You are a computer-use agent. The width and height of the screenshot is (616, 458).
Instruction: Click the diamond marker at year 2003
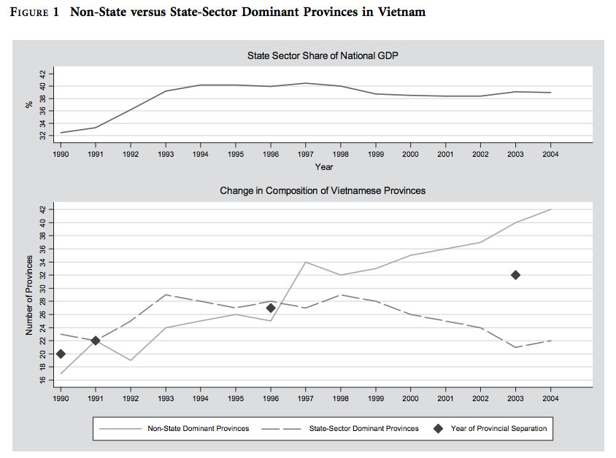[x=515, y=275]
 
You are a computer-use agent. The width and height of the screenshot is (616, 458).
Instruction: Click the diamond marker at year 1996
[x=271, y=308]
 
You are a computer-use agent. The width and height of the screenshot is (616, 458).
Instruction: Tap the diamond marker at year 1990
[x=61, y=354]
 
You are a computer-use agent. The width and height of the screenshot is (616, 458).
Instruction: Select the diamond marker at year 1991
[x=96, y=341]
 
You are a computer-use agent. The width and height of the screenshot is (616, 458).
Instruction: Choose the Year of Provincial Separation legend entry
[x=498, y=428]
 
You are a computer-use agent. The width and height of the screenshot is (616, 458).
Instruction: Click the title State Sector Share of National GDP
[x=323, y=55]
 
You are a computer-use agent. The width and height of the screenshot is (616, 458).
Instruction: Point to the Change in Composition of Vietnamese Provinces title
[x=323, y=190]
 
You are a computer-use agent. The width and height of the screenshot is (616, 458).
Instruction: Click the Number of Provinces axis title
[x=30, y=295]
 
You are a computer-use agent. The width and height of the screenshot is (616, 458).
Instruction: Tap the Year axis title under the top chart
[x=323, y=167]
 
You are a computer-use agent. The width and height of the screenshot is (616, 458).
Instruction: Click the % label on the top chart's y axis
[x=30, y=104]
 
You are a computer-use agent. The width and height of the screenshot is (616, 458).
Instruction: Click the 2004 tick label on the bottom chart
[x=550, y=399]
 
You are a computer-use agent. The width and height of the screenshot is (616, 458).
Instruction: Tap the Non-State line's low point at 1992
[x=131, y=360]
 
